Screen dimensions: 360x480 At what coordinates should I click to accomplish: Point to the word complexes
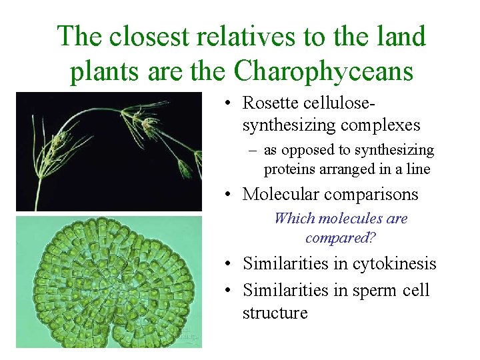(x=380, y=124)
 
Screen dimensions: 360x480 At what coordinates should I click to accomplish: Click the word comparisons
(x=376, y=194)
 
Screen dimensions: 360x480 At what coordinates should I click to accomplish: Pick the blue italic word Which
(x=295, y=218)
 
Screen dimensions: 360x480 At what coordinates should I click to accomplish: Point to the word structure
(x=275, y=312)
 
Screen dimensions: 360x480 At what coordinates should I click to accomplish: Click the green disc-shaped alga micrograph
(x=108, y=283)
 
